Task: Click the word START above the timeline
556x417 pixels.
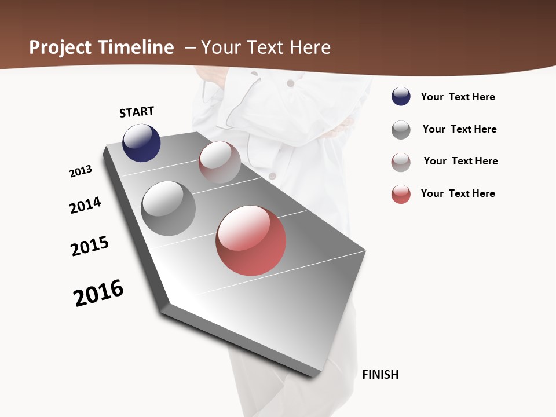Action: [x=137, y=112]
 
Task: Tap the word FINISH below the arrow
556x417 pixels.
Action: [x=380, y=375]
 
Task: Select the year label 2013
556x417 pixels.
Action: [x=81, y=171]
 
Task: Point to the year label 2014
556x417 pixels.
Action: [x=85, y=205]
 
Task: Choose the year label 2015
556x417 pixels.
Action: [x=90, y=246]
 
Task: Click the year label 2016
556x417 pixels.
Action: [x=98, y=293]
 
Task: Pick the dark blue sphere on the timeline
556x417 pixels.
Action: [x=141, y=143]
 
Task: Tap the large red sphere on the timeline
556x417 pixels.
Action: [x=251, y=240]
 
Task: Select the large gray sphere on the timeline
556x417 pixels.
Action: [x=168, y=209]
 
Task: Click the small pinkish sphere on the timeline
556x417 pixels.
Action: [x=220, y=162]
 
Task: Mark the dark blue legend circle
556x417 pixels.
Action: [x=401, y=97]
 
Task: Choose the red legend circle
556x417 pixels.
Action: [x=401, y=194]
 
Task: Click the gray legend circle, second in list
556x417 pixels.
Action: [x=401, y=130]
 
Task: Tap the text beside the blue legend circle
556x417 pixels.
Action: [x=458, y=97]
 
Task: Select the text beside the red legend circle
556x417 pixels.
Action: [x=458, y=193]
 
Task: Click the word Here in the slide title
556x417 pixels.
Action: [x=310, y=47]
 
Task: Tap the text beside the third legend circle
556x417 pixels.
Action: [x=460, y=161]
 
